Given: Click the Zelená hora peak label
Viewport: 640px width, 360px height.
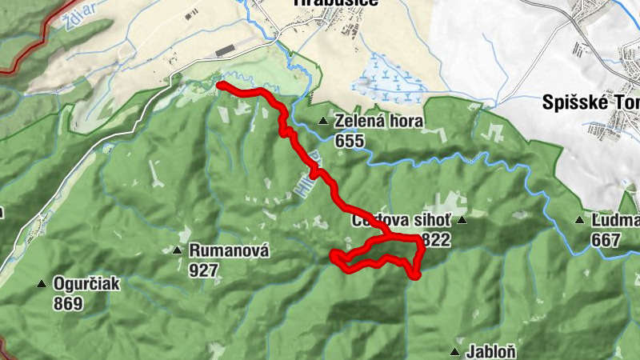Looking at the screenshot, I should [379, 122].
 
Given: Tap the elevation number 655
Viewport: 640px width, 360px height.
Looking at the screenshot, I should [350, 142].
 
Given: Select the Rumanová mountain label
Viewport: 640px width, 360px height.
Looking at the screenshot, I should [229, 251].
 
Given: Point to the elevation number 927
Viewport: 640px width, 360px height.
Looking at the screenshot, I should [205, 270].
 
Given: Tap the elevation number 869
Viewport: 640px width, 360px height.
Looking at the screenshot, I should [69, 303].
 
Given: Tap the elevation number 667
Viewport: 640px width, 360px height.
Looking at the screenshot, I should [606, 239].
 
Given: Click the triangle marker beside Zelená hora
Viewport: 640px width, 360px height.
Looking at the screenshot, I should [323, 122].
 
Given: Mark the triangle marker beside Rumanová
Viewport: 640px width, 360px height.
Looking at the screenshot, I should [177, 251].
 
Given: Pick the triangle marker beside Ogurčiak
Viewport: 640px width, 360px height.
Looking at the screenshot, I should [41, 283].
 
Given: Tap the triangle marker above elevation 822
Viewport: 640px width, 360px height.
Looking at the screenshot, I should [461, 218].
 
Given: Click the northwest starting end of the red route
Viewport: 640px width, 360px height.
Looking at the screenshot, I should [219, 84].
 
